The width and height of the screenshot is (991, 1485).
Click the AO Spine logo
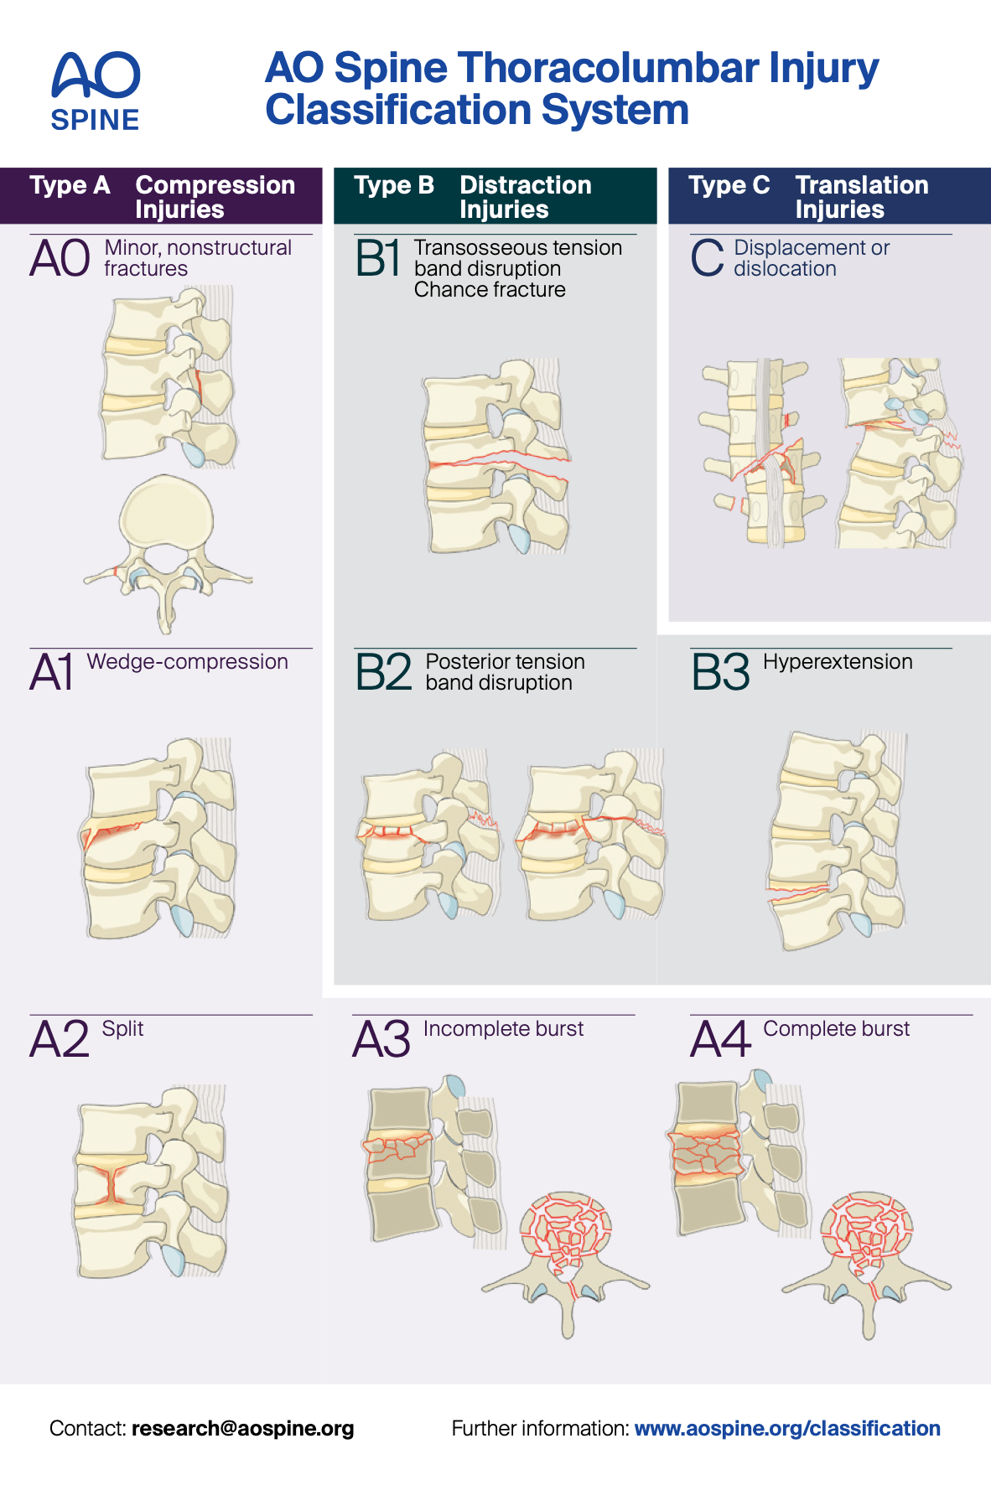coord(96,91)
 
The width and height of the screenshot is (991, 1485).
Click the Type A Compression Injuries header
coord(162,197)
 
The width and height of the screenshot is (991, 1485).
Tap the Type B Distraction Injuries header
coord(495,197)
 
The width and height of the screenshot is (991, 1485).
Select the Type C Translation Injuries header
coord(828,197)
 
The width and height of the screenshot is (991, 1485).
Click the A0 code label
coord(60,258)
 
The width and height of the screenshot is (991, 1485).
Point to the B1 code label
coord(377,258)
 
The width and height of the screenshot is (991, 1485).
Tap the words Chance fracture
coord(490,290)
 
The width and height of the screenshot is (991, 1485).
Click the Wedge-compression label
coord(187,662)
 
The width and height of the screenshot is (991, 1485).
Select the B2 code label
coord(383,672)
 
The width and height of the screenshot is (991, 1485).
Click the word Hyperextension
coord(837,662)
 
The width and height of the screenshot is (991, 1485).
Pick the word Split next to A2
coord(122,1029)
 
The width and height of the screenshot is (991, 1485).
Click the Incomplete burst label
coord(503,1029)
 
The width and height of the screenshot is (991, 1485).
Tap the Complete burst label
coord(836,1029)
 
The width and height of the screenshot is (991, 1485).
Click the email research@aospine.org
coord(242,1428)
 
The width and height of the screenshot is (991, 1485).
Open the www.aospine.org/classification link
coord(786,1428)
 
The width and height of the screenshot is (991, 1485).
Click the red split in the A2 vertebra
coord(111,1182)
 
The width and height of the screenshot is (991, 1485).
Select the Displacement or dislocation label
coord(811,258)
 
